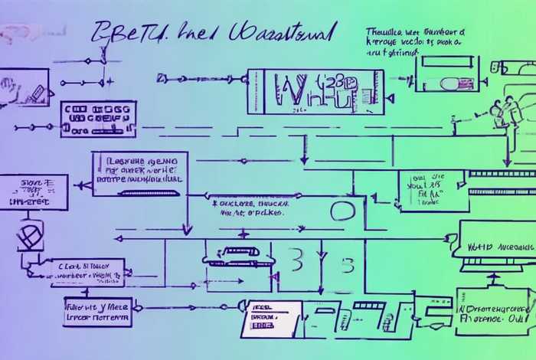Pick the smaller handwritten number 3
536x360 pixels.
(346, 266)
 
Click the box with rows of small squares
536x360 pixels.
(98, 119)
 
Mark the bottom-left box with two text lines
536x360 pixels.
(98, 311)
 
